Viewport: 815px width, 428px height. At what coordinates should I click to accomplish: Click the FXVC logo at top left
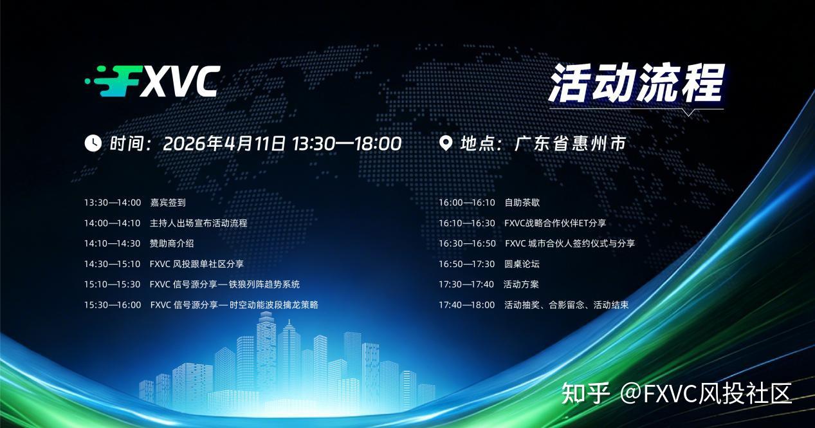coord(152,82)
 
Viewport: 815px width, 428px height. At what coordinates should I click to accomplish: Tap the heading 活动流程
coord(637,83)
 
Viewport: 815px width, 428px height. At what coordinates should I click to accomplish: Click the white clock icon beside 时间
coord(93,143)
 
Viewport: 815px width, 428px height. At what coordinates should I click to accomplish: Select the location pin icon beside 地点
coord(446,144)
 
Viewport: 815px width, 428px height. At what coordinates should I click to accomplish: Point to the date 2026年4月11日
coord(224,144)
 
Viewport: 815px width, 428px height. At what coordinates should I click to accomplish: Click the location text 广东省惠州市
coord(570,144)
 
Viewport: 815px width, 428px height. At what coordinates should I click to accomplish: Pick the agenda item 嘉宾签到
coord(168,203)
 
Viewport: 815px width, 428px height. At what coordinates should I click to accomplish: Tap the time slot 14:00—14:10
coord(112,223)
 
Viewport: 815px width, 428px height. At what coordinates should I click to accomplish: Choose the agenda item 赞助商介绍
coord(172,243)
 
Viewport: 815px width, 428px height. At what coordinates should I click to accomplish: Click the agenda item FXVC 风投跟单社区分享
coord(196,264)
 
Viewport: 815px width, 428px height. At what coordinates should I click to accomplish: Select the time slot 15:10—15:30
coord(112,284)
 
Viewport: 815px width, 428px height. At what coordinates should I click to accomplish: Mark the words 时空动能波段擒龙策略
coord(273,304)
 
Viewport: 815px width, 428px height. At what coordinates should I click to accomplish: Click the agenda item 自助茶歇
coord(522,203)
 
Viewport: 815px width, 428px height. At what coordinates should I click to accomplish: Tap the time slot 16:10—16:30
coord(467,223)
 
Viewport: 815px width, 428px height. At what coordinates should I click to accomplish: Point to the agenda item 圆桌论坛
coord(522,264)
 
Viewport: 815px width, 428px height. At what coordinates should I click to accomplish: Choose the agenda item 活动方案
coord(521,284)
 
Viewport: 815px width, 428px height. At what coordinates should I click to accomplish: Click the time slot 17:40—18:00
coord(467,304)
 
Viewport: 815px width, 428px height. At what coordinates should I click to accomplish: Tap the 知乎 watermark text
coord(585,393)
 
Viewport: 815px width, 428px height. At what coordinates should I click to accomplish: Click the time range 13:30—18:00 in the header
coord(347,144)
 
